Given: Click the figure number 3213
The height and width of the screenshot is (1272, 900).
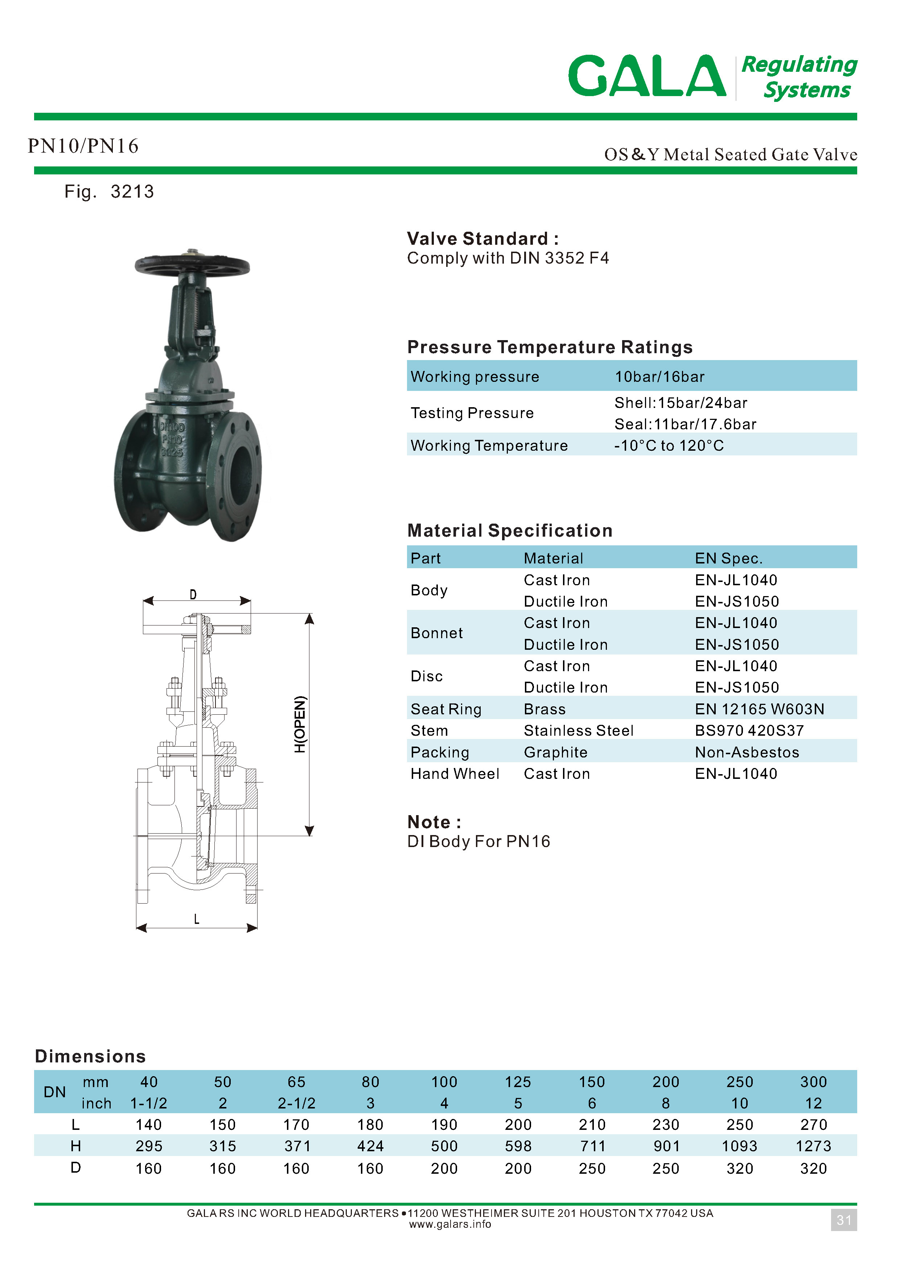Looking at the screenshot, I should click(132, 192).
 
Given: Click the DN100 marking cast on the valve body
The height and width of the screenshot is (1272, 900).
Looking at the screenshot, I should click(172, 427).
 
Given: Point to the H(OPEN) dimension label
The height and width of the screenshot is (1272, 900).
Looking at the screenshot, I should click(300, 724).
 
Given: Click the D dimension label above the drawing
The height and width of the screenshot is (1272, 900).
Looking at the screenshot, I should click(193, 594).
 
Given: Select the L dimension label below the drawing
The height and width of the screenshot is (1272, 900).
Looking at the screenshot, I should click(196, 919).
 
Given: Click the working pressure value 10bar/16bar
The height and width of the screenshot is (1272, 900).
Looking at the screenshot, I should click(659, 377).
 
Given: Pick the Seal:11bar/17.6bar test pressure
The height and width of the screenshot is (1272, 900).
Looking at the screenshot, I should click(685, 424).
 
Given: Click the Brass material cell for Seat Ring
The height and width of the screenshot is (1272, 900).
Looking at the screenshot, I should click(545, 709).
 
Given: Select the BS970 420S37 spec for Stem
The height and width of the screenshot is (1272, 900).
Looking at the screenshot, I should click(749, 731).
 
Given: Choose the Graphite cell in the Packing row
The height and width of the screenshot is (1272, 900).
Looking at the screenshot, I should click(555, 752).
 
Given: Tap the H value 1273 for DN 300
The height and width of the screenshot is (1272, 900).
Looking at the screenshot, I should click(813, 1146).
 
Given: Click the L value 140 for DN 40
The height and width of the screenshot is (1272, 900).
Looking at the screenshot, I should click(148, 1125).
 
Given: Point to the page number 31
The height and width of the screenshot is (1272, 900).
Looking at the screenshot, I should click(843, 1220).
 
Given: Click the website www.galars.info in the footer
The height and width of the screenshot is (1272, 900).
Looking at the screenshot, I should click(450, 1224).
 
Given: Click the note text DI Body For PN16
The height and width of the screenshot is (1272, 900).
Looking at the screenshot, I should click(478, 842).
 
